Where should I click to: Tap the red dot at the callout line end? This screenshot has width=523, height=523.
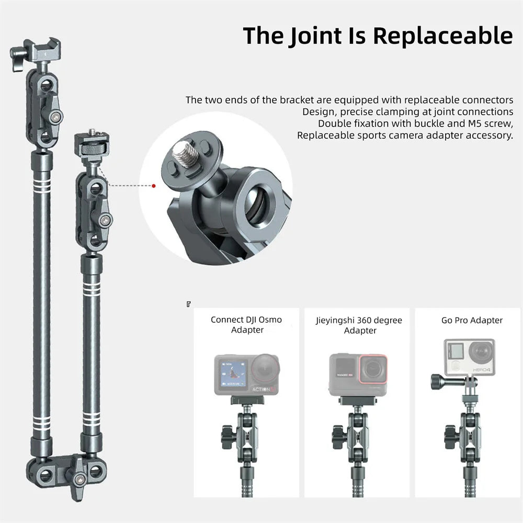pos(154,185)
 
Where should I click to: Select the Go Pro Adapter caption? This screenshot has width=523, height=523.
pos(472,320)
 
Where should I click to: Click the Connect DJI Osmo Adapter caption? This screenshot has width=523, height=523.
pos(246,325)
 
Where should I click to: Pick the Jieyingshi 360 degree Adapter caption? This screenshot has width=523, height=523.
pos(360,325)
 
